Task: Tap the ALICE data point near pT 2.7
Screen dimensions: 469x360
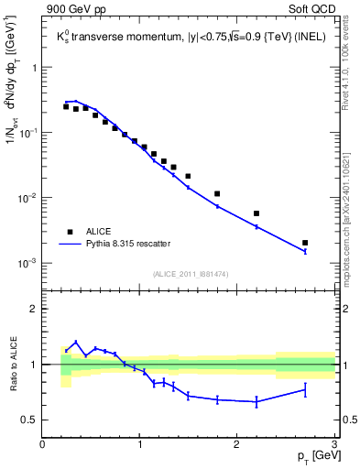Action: click(x=305, y=243)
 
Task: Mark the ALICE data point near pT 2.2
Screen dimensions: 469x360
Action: click(x=256, y=213)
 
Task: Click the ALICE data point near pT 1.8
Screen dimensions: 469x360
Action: click(x=217, y=193)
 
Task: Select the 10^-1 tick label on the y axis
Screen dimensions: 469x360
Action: click(x=27, y=134)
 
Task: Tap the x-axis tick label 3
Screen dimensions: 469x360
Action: click(x=333, y=444)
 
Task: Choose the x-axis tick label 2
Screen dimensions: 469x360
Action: click(x=236, y=444)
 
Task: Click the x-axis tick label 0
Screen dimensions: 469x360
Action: click(x=43, y=444)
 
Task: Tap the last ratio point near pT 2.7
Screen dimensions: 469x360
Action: click(x=305, y=389)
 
